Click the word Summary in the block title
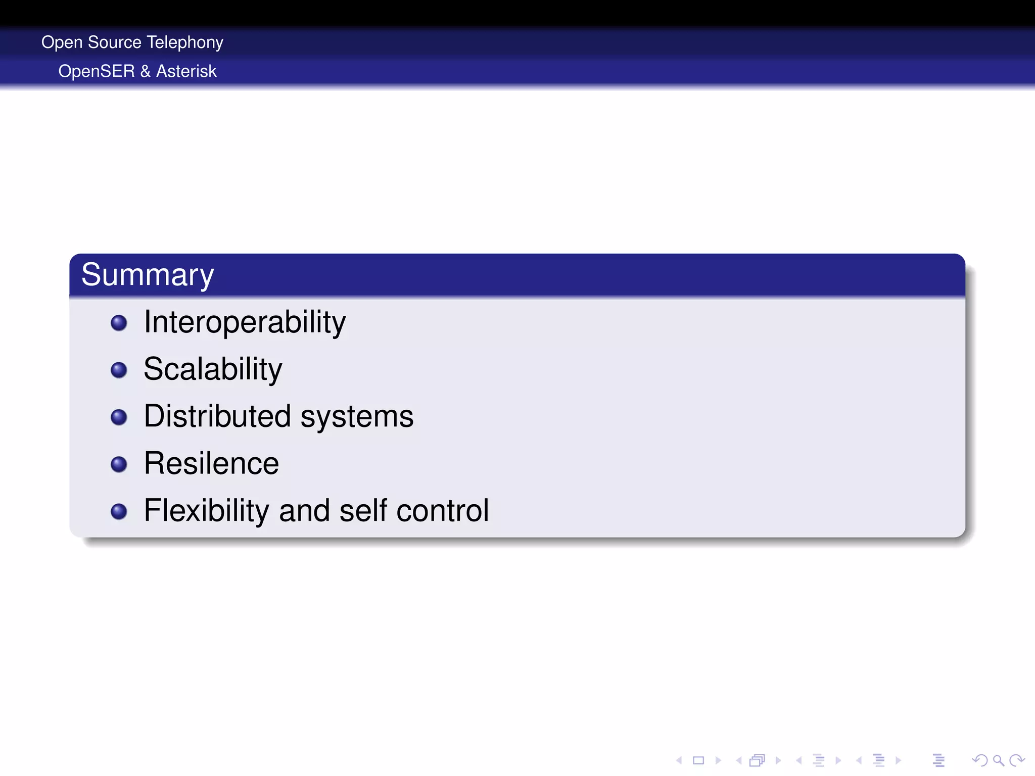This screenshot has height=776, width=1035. [148, 275]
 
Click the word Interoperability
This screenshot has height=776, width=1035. [245, 322]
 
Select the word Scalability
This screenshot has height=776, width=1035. [213, 369]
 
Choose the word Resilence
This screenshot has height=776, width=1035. [211, 463]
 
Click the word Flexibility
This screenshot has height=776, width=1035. [206, 510]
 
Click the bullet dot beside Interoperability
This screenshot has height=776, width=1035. [119, 323]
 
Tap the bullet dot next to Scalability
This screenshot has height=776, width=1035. [119, 370]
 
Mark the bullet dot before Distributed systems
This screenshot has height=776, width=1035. [119, 417]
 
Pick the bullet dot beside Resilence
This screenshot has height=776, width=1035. [119, 464]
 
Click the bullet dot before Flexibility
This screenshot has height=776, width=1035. [119, 511]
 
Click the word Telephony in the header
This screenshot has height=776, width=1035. [185, 42]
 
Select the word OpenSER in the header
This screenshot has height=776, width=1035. [97, 71]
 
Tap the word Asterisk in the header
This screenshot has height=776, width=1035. [186, 71]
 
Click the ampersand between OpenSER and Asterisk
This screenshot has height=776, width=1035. [146, 71]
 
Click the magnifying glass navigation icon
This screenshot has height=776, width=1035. [998, 760]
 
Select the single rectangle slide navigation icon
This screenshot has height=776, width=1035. [698, 760]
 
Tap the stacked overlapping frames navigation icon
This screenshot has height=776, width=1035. [758, 760]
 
